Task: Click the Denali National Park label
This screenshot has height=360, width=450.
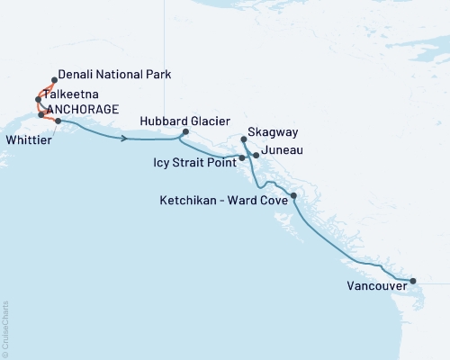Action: (x=114, y=76)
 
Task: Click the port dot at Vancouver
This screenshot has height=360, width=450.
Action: (x=413, y=281)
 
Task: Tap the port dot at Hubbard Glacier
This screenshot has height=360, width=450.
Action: (x=184, y=132)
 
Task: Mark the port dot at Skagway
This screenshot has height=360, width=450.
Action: (x=245, y=139)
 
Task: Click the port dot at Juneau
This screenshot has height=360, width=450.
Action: (x=256, y=156)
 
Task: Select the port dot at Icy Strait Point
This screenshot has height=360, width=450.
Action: (x=242, y=158)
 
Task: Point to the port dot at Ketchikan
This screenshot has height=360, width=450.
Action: (x=294, y=195)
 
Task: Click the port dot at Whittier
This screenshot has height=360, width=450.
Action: (x=58, y=121)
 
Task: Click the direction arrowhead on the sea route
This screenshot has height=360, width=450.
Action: (x=123, y=138)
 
